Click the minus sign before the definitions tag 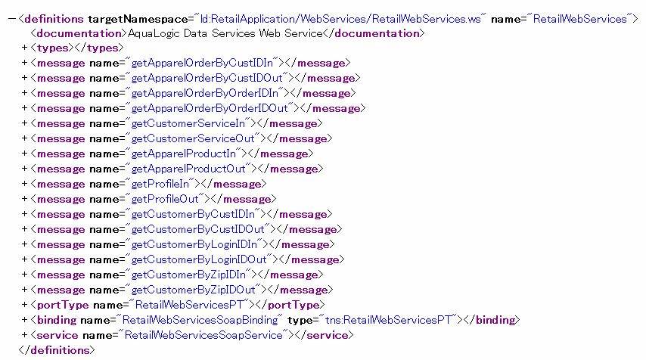coord(11,19)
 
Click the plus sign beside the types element coord(25,48)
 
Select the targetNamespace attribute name coord(138,20)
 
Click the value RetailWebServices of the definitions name coord(579,19)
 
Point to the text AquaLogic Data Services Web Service coord(225,33)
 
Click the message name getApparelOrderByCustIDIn coord(202,63)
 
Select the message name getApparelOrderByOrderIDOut coord(210,108)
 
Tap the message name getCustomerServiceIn coord(188,123)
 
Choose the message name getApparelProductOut coord(188,169)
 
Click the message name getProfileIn coord(160,184)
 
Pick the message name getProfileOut coord(165,200)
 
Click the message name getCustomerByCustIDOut coord(197,229)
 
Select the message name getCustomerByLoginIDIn coord(194,245)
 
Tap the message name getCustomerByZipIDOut coord(193,290)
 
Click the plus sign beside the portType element coord(25,305)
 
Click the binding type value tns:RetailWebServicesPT coord(388,320)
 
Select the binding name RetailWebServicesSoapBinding coord(200,320)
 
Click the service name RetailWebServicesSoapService coord(203,335)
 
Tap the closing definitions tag coord(57,350)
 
